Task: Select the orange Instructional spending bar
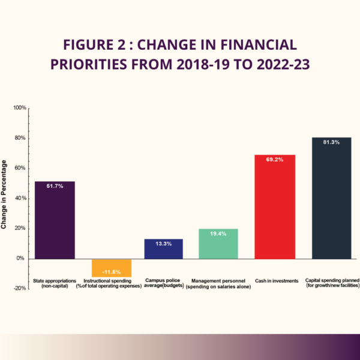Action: [111, 268]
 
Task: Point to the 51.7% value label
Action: [55, 186]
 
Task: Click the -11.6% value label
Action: [111, 271]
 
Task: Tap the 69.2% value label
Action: [275, 160]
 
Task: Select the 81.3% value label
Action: [331, 143]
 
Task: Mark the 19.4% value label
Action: [218, 233]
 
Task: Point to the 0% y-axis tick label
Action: [22, 259]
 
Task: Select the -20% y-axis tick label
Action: [19, 289]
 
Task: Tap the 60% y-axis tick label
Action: [20, 169]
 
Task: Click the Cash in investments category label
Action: [275, 281]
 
